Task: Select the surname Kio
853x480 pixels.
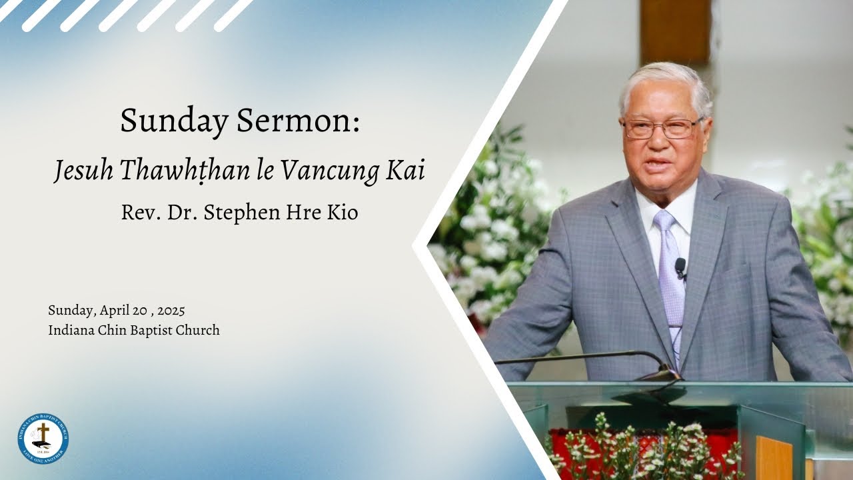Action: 343,213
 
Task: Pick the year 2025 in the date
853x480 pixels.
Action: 171,311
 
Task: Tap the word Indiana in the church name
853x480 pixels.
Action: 71,330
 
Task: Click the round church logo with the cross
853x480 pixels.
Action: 43,438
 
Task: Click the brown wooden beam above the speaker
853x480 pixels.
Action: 675,30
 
